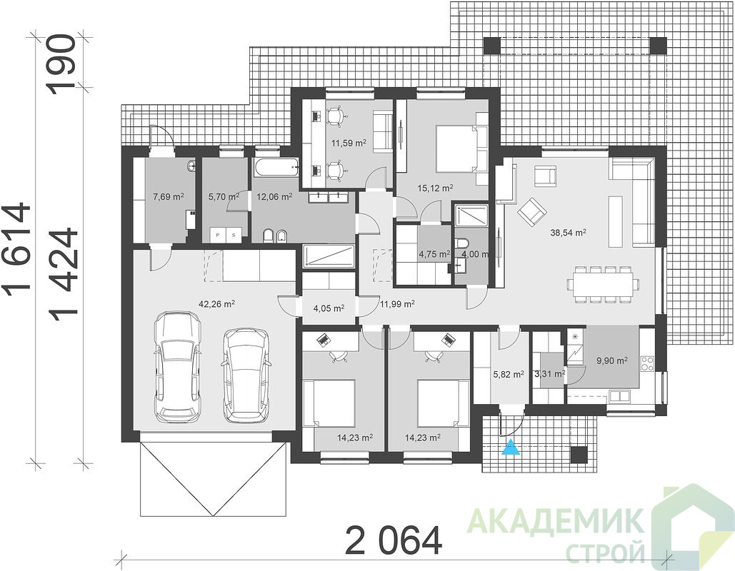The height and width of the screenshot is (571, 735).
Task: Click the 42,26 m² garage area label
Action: click(x=216, y=304)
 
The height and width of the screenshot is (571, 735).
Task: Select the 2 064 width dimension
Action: click(x=394, y=540)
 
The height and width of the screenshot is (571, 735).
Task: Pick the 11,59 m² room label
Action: click(x=349, y=143)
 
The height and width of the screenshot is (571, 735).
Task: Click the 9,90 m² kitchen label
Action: click(x=611, y=360)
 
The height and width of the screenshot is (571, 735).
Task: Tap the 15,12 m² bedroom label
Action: click(x=435, y=188)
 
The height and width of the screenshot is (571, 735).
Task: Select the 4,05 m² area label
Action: click(x=329, y=308)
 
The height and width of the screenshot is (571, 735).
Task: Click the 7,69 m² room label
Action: click(x=169, y=197)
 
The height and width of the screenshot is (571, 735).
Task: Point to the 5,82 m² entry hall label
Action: click(x=509, y=374)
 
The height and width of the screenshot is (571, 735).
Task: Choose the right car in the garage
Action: click(x=246, y=375)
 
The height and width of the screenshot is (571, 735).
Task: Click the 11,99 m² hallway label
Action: click(x=397, y=304)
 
